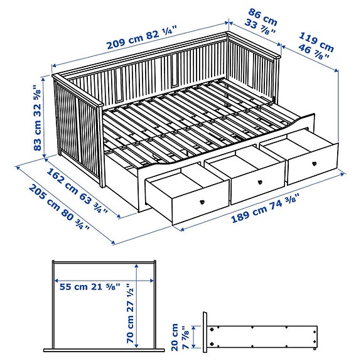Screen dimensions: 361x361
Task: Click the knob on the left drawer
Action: tap(202, 201)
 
